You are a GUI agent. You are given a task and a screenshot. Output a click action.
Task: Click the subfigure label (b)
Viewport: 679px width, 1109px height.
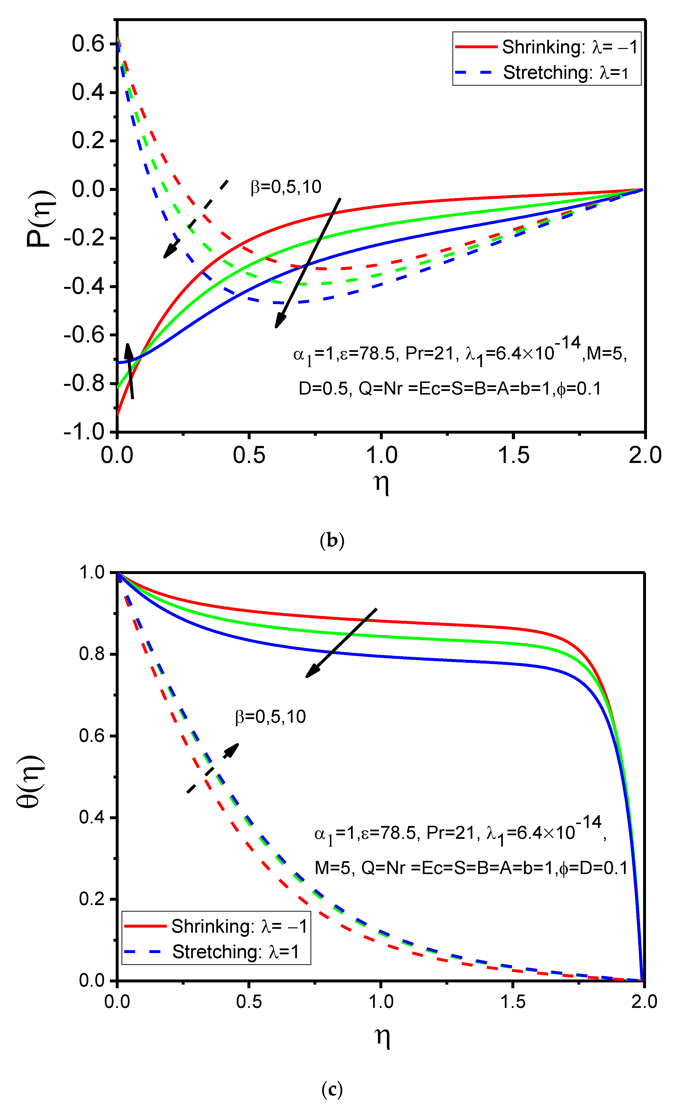click(x=332, y=540)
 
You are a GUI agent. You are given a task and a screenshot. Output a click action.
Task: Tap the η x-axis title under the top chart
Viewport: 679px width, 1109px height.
click(x=381, y=484)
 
